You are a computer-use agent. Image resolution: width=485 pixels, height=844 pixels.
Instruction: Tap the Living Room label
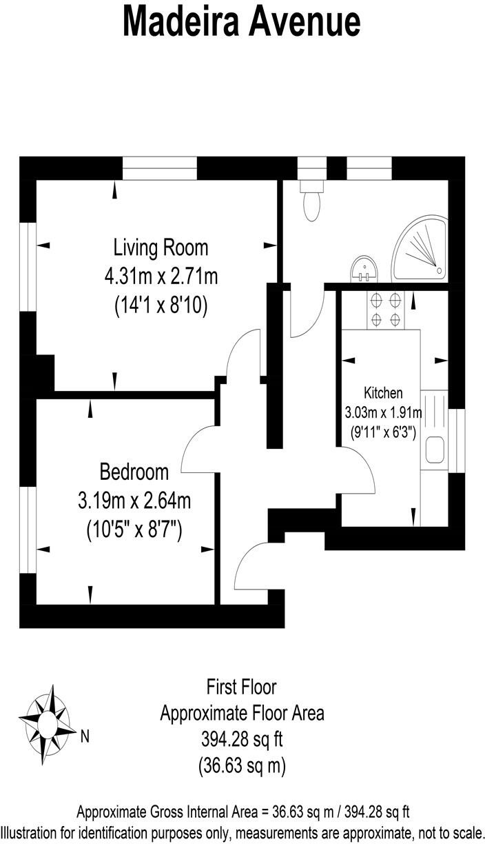[161, 247]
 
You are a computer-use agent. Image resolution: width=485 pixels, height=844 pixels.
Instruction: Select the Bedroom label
[134, 472]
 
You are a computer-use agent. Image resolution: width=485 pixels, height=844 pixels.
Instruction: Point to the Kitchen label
[383, 394]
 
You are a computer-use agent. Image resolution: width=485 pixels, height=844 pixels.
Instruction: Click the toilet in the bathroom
[311, 200]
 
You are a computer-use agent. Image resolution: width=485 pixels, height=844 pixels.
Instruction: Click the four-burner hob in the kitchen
[386, 310]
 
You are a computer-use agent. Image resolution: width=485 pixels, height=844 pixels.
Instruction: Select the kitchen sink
[435, 449]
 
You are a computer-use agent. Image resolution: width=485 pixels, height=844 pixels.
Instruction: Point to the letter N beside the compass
[85, 736]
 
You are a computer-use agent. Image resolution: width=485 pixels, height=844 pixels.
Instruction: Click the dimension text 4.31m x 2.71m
[161, 277]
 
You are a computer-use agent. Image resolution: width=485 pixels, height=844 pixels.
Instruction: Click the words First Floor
[242, 687]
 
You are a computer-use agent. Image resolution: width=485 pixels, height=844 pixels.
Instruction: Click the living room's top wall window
[160, 168]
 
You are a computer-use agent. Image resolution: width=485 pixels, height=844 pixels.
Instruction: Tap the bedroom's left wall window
[28, 530]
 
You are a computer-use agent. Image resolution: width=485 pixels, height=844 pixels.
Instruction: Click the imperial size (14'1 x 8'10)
[161, 305]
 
